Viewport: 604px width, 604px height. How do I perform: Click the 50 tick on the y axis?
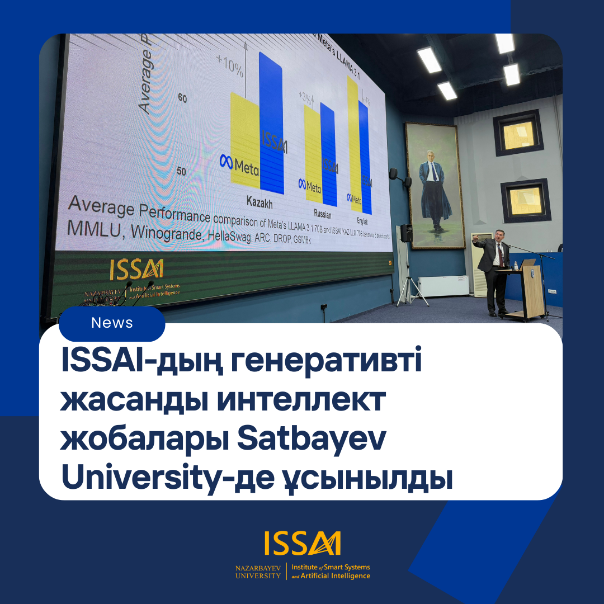(181, 171)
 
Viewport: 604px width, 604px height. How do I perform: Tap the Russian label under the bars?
(323, 214)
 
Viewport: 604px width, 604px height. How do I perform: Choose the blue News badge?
(112, 323)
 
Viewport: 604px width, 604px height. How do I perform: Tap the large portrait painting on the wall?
(435, 185)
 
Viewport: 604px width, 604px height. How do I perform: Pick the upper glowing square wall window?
(518, 133)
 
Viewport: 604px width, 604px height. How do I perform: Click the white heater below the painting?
(443, 286)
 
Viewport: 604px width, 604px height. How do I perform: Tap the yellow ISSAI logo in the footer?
(302, 544)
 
